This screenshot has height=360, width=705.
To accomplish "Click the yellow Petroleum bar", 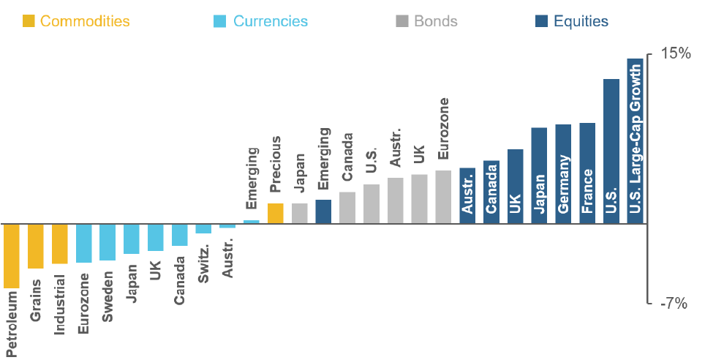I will [x=12, y=255].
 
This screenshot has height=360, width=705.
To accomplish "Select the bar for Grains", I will [x=36, y=246].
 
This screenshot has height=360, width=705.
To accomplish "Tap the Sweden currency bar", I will [x=108, y=242].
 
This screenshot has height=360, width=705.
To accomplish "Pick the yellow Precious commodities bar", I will [x=275, y=213].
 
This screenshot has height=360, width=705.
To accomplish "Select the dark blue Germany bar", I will [x=563, y=173].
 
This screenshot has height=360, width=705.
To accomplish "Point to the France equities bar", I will [x=587, y=173].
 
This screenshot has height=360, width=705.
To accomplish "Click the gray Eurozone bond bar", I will [x=443, y=197].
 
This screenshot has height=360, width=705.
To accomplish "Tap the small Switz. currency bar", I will [x=203, y=228].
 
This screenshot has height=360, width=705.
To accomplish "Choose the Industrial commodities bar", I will [x=59, y=244].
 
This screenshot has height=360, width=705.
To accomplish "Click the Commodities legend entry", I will [x=76, y=20].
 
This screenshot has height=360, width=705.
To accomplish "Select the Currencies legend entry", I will [x=261, y=20].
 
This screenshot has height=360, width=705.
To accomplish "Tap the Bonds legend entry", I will [x=426, y=20].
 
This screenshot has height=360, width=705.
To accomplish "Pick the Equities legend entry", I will [x=571, y=20].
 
